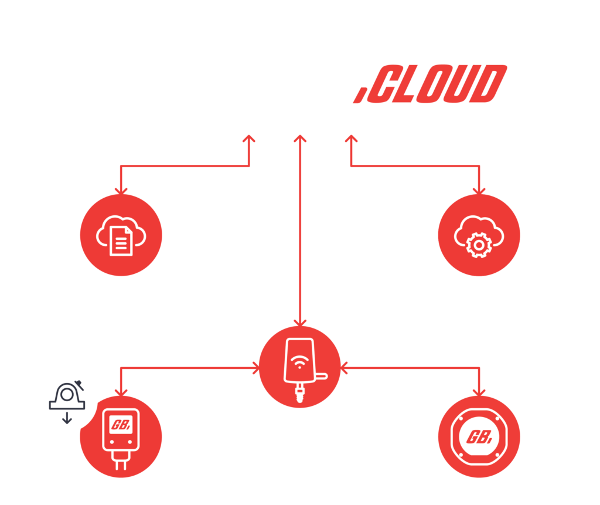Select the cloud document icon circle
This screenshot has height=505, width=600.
click(x=121, y=235)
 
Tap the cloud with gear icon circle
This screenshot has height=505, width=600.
click(x=479, y=235)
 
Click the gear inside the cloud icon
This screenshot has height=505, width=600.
click(x=479, y=245)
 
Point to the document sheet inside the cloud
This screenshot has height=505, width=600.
click(x=121, y=241)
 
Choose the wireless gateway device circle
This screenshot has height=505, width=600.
click(x=300, y=367)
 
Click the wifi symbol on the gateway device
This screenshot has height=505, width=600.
click(x=299, y=361)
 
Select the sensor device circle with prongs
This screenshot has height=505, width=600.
click(x=121, y=437)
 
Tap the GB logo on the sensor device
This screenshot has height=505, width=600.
click(x=121, y=425)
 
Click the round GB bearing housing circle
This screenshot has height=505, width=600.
click(x=479, y=437)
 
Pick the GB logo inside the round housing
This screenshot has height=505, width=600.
click(x=479, y=437)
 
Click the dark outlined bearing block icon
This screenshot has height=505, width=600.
click(x=67, y=395)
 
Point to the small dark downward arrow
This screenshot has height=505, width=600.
click(x=67, y=418)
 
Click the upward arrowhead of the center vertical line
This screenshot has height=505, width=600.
click(x=300, y=138)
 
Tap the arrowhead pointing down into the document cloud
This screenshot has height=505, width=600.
click(x=121, y=191)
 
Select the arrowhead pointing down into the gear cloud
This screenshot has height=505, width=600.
click(x=479, y=191)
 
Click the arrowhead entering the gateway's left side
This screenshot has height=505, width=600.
click(x=257, y=368)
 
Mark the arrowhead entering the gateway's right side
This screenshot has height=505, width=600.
click(x=343, y=368)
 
